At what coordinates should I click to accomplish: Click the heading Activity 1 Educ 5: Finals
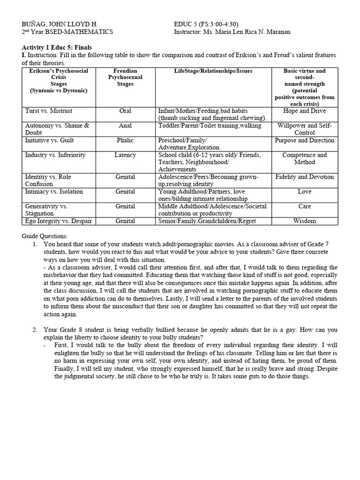pos(57,47)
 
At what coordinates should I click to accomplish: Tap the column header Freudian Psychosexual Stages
pos(125,77)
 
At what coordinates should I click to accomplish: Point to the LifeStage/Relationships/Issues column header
pos(213,71)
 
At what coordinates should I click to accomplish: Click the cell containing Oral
pos(125,111)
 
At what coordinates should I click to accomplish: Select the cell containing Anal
pos(125,126)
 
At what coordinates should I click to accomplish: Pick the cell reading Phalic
pos(125,140)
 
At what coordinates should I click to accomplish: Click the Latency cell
pos(125,155)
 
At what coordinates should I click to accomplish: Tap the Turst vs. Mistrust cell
pos(49,111)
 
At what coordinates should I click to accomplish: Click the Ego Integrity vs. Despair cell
pos(59,221)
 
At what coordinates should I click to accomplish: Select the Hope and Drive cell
pos(304,111)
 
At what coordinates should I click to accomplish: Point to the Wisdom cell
pos(304,221)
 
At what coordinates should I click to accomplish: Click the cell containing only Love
pos(304,191)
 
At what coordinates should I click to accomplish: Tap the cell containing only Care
pos(304,206)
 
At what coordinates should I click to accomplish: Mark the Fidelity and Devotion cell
pos(304,177)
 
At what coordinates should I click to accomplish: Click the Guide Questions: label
pos(45,236)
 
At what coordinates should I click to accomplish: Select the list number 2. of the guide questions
pos(35,330)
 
